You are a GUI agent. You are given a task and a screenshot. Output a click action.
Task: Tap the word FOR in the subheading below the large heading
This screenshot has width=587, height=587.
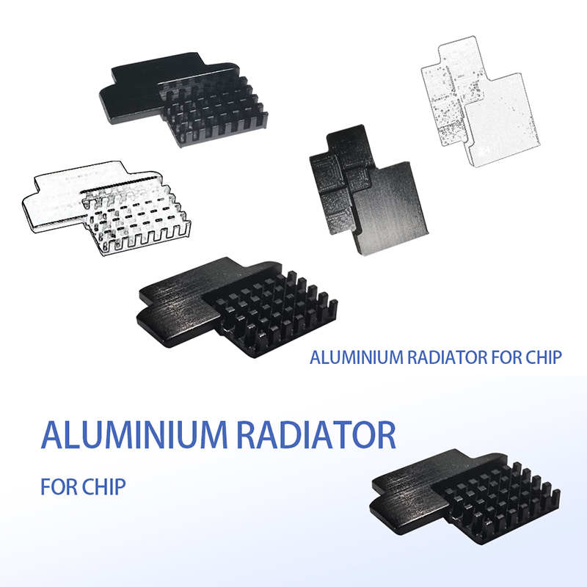pyautogui.click(x=61, y=486)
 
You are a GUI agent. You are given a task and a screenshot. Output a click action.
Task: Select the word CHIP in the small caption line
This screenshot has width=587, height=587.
pyautogui.click(x=544, y=358)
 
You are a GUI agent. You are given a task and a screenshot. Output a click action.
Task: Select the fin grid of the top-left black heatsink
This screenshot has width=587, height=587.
pyautogui.click(x=216, y=110)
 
